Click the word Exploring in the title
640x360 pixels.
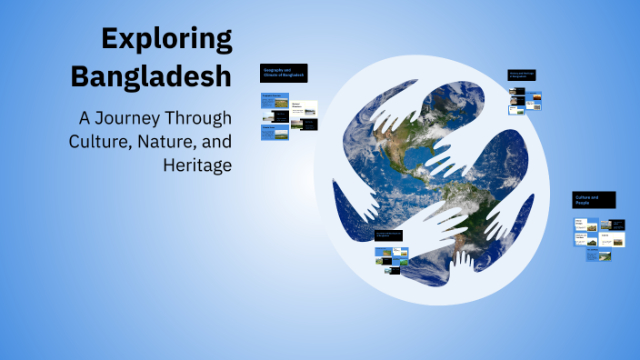(x=167, y=39)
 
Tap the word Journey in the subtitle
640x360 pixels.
(x=145, y=119)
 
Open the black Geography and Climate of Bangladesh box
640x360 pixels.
(x=284, y=73)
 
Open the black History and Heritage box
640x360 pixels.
(x=523, y=75)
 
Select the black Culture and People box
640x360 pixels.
(x=594, y=200)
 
